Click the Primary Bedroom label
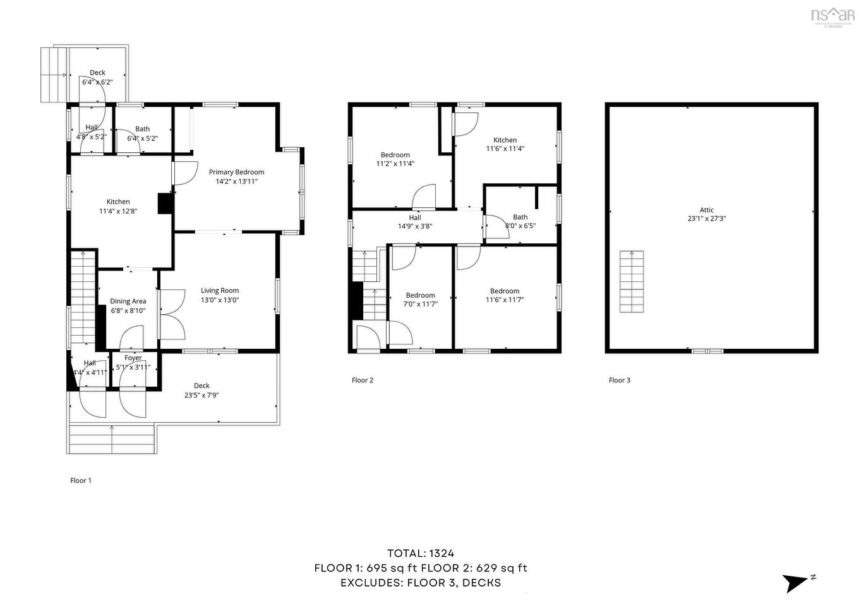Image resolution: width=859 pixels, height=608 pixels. [x=236, y=172]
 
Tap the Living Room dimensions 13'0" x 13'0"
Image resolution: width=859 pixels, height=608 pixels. [x=220, y=300]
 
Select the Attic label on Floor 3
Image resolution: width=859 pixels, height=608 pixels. [x=707, y=210]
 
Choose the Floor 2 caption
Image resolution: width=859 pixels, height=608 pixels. [x=363, y=380]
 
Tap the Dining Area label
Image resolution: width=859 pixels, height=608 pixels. [x=128, y=301]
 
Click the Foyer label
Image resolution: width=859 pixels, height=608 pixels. [x=133, y=358]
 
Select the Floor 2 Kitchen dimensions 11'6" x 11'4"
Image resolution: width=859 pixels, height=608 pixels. [x=505, y=149]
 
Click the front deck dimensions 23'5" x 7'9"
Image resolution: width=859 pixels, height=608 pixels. [x=201, y=396]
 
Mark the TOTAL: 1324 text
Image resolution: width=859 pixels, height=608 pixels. [x=421, y=554]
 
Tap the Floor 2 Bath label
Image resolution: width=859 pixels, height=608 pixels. [x=520, y=217]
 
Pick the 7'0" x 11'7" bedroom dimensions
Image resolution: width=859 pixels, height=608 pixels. [x=421, y=304]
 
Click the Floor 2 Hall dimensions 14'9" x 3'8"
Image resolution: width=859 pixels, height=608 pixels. [x=415, y=226]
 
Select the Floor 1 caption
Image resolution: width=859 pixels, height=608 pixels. [x=81, y=480]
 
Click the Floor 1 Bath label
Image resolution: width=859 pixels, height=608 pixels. [x=143, y=129]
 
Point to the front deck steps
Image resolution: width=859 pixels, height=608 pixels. [x=112, y=439]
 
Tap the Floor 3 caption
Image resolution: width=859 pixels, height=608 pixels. [x=620, y=380]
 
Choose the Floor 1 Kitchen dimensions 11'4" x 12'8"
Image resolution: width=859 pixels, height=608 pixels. [x=118, y=211]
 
